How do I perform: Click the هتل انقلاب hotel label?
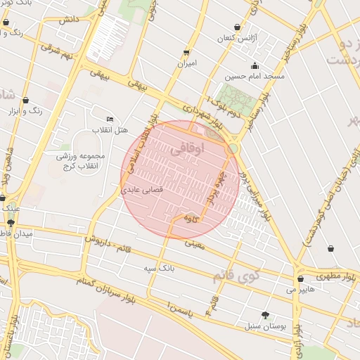pos(108,131)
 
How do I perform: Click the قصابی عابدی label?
pos(143,190)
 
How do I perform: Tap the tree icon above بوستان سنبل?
pos(265,315)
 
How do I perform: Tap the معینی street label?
pos(193,245)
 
